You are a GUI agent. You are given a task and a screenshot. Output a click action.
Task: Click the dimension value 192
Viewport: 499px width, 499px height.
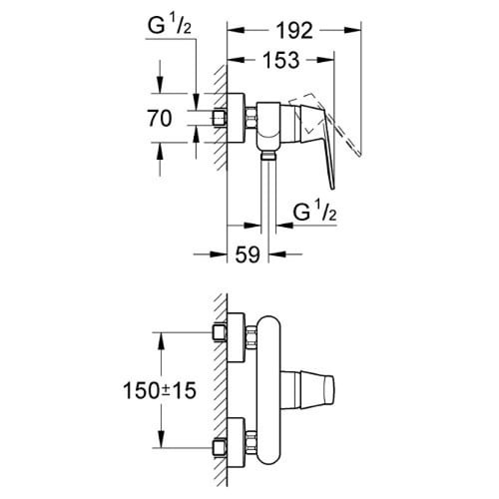click(x=295, y=31)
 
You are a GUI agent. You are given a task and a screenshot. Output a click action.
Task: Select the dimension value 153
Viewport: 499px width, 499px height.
click(x=281, y=60)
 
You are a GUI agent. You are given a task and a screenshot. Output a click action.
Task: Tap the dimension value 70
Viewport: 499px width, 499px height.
click(x=160, y=119)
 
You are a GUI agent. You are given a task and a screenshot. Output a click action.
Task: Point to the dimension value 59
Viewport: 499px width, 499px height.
click(x=248, y=254)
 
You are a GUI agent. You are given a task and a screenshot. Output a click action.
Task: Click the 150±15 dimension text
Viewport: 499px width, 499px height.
click(x=160, y=390)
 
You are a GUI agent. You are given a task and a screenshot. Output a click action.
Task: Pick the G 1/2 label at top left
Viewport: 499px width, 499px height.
click(x=170, y=26)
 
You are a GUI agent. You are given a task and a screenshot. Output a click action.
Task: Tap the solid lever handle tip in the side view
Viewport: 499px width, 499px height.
click(x=332, y=188)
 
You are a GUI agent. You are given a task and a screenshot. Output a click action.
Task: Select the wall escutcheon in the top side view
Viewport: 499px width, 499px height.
click(x=236, y=118)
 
